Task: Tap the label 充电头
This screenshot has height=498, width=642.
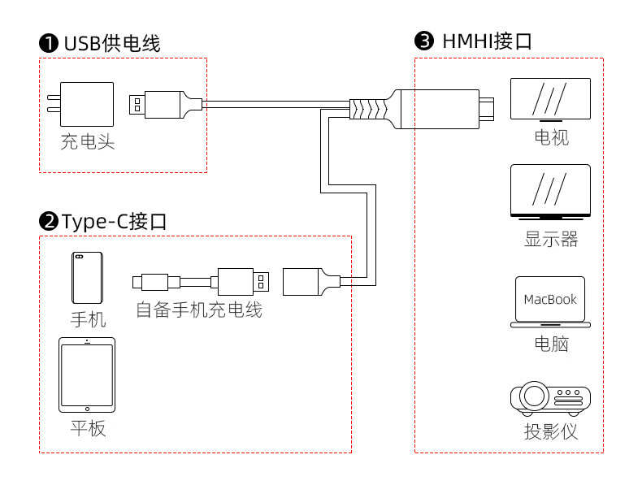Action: click(x=87, y=142)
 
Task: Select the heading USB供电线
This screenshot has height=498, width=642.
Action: click(x=112, y=43)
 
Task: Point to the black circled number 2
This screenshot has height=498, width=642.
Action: click(x=49, y=221)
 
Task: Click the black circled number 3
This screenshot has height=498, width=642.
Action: click(x=424, y=41)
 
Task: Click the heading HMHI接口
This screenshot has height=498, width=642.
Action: click(x=487, y=41)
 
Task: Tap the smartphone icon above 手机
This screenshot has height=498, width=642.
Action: click(x=86, y=278)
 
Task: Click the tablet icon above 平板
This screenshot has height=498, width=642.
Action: click(x=87, y=375)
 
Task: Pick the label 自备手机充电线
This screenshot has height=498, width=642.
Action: click(x=199, y=310)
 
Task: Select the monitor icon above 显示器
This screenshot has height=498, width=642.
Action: click(x=550, y=193)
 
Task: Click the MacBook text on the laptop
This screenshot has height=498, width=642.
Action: click(x=550, y=300)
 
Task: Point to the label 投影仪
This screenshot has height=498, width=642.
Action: click(x=550, y=431)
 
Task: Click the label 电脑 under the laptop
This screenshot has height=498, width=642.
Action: click(x=550, y=344)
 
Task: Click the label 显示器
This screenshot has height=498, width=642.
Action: click(x=550, y=240)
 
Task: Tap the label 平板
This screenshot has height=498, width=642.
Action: click(x=87, y=428)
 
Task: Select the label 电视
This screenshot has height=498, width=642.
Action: click(x=550, y=136)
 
